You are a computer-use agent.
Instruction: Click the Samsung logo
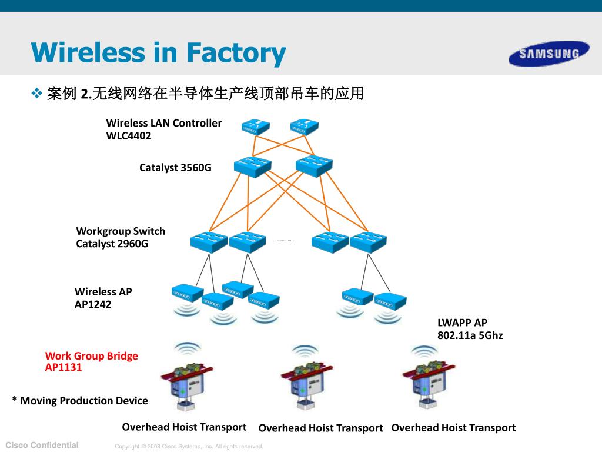click(x=549, y=54)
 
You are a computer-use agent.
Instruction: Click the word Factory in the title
click(x=236, y=54)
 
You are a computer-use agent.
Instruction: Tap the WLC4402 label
click(x=129, y=136)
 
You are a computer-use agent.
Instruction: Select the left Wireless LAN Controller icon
click(x=255, y=127)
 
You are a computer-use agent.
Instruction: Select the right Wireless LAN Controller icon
click(x=305, y=127)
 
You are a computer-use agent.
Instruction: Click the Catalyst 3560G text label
click(x=175, y=168)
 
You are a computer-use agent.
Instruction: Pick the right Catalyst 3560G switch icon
click(x=314, y=166)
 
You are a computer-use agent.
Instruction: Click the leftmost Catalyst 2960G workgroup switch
click(x=209, y=242)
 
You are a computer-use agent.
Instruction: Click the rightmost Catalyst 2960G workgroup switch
click(x=368, y=242)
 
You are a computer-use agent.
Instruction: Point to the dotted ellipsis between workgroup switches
click(x=285, y=241)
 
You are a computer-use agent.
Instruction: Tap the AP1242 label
click(x=93, y=304)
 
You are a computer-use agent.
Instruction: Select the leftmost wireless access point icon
click(x=188, y=293)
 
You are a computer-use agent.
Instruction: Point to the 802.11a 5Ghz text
click(x=470, y=335)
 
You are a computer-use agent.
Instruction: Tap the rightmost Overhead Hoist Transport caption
click(x=453, y=428)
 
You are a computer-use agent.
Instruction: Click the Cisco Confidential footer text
click(x=42, y=445)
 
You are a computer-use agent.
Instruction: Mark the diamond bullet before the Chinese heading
click(x=36, y=94)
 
